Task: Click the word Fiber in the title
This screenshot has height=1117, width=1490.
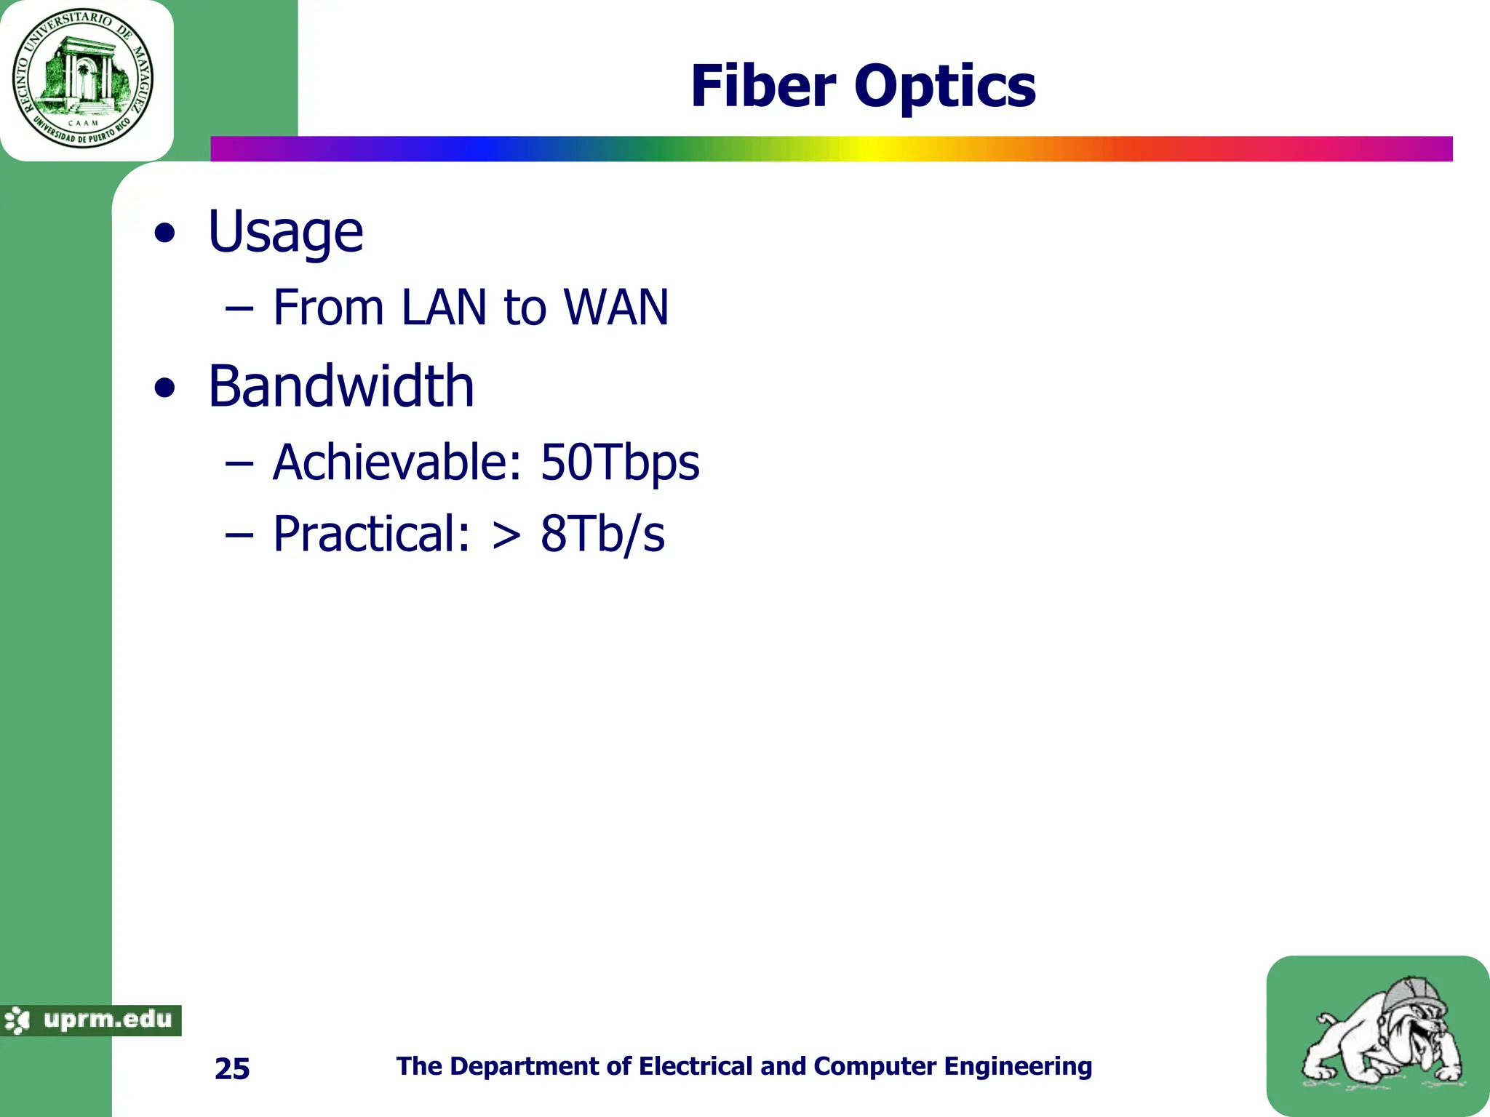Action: point(763,86)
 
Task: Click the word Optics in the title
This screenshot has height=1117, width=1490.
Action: point(945,87)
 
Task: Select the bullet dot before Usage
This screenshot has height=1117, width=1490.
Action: point(166,234)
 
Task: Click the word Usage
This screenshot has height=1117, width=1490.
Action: point(285,233)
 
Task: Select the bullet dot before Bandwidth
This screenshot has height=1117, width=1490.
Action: point(166,388)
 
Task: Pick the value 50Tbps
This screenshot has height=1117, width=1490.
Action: point(620,463)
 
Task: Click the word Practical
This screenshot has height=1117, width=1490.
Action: point(371,534)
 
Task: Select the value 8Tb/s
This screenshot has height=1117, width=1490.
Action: point(602,534)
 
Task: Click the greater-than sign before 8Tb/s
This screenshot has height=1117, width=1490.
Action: point(506,537)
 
